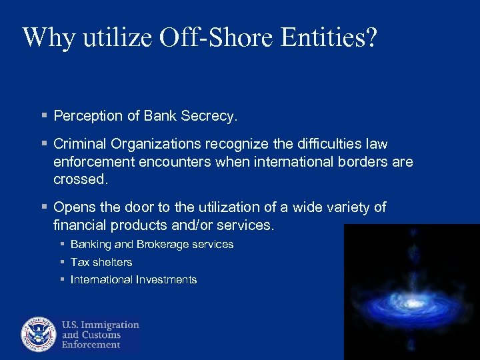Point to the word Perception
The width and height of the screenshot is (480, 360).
click(x=88, y=116)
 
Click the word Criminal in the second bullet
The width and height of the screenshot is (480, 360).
click(x=81, y=144)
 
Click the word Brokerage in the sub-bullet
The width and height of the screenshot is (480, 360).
click(x=163, y=244)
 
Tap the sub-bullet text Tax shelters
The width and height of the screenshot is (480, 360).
click(x=101, y=262)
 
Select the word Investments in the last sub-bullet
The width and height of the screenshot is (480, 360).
click(x=166, y=280)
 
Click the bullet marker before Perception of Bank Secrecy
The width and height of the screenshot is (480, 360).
click(x=44, y=116)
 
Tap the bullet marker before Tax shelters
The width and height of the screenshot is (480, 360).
click(x=61, y=262)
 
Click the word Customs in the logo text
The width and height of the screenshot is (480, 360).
click(x=101, y=335)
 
